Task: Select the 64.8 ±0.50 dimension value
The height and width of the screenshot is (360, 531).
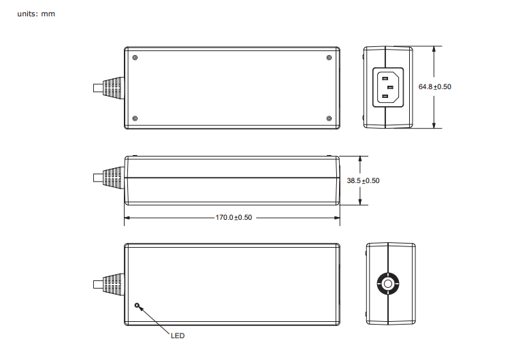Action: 435,87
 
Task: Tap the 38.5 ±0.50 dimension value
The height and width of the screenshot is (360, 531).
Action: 363,180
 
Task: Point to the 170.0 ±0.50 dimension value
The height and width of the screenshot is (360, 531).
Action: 234,218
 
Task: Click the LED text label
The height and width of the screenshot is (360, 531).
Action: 177,336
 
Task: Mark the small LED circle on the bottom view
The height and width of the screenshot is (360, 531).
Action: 138,306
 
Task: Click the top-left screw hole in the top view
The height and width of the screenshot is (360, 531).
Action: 135,57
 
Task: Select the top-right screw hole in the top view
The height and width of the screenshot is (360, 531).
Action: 329,57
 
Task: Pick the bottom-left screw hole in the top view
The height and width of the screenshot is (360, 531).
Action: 135,118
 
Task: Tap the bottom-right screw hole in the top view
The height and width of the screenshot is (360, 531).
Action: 329,118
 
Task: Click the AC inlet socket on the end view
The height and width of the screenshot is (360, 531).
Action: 387,87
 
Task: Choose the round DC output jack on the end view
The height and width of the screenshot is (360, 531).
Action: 387,284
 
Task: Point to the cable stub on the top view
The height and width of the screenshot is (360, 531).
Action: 97,87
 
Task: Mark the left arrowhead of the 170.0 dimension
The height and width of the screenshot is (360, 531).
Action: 127,218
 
